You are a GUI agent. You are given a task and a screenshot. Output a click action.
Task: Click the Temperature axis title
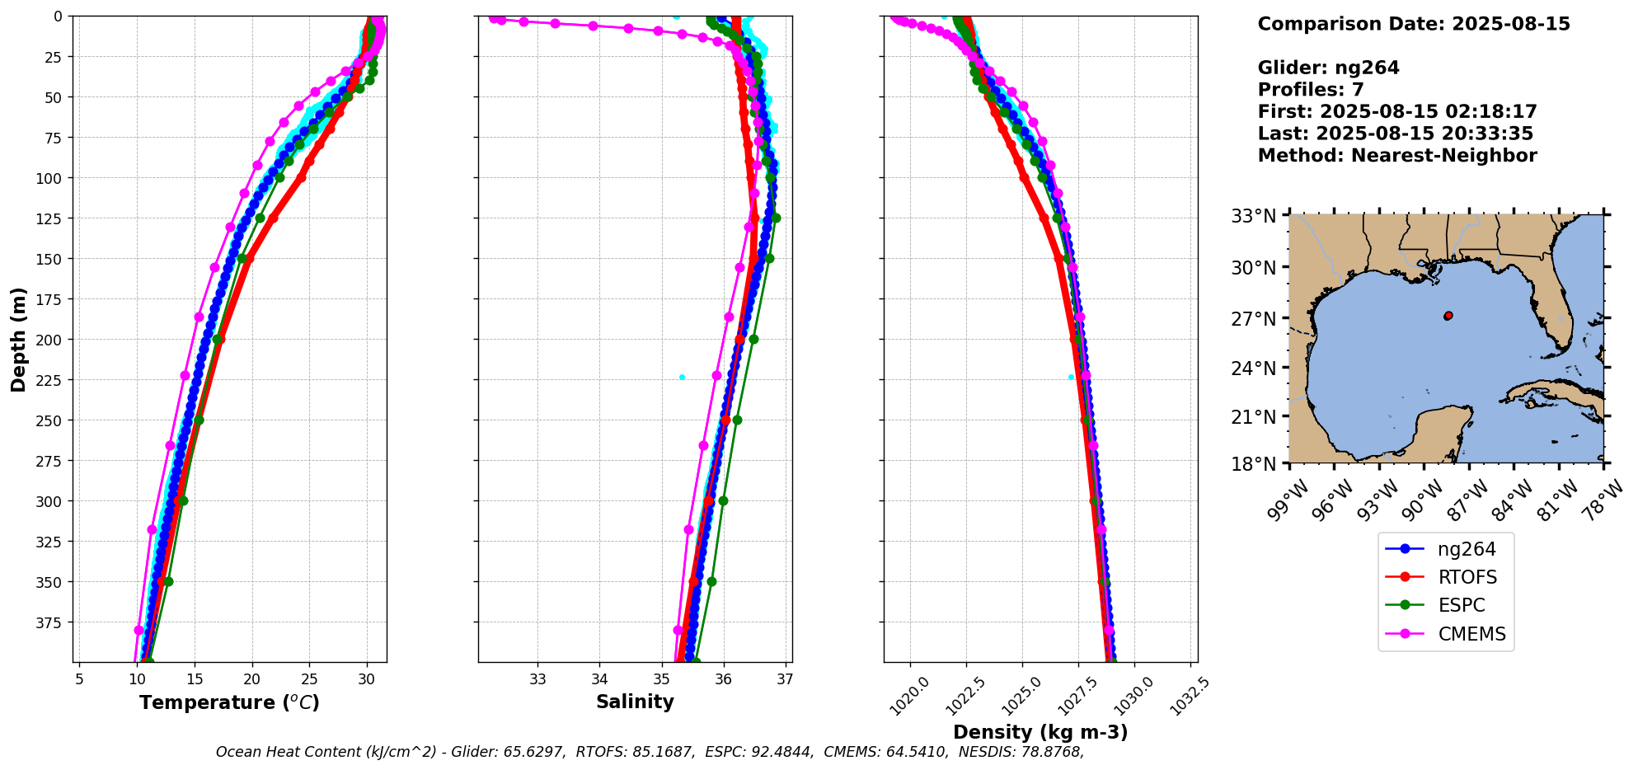[x=229, y=703]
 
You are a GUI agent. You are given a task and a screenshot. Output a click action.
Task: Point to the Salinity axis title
[x=635, y=702]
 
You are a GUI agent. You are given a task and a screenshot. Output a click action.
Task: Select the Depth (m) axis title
[x=19, y=339]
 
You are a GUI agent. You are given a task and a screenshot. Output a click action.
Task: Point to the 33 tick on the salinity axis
[x=537, y=679]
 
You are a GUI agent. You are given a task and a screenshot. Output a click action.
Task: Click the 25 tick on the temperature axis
[x=309, y=679]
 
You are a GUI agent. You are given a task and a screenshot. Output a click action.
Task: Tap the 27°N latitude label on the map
[x=1253, y=318]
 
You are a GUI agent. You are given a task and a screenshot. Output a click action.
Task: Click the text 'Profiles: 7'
[x=1311, y=90]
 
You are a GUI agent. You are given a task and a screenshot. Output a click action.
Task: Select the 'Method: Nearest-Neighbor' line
[x=1397, y=156]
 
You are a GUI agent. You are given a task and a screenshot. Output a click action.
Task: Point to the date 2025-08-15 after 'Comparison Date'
[x=1511, y=24]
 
